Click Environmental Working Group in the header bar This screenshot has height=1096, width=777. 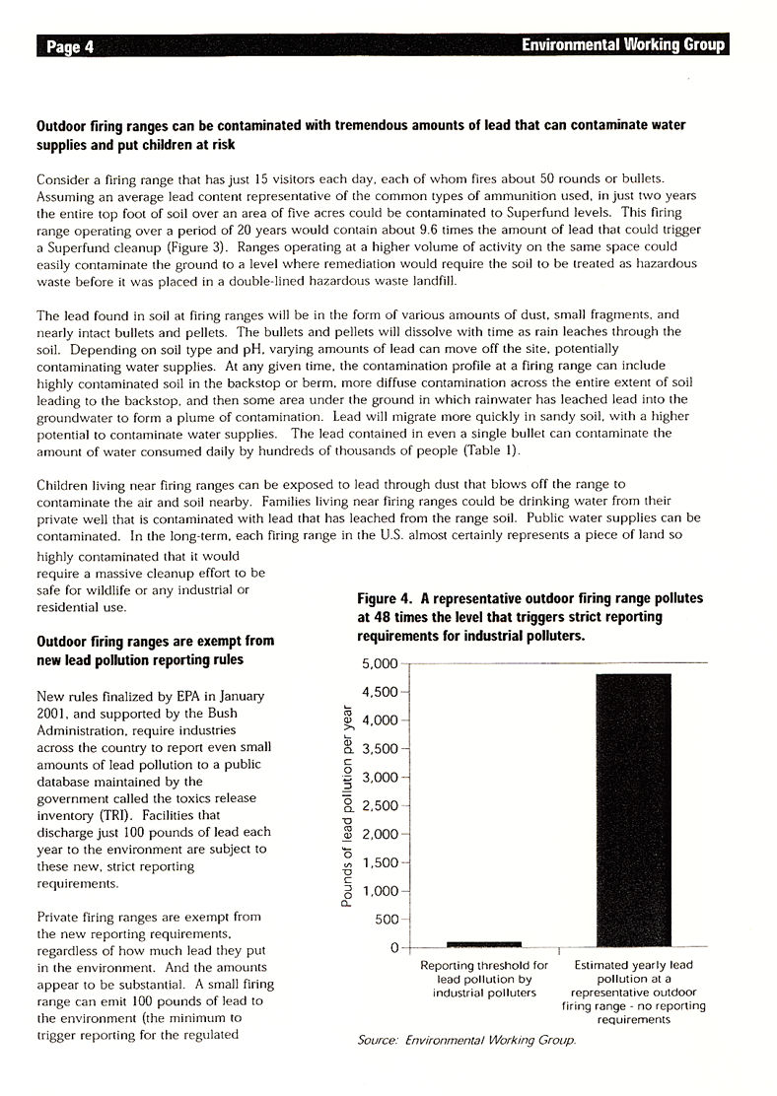622,45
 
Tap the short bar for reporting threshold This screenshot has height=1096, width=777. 483,944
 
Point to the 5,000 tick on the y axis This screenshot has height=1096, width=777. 378,663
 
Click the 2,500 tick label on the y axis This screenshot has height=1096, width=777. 378,806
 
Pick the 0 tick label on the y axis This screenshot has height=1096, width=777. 391,948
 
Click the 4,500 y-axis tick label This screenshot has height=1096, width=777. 378,692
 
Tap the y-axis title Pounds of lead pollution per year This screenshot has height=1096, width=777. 347,806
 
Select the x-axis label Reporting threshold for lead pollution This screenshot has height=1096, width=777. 483,980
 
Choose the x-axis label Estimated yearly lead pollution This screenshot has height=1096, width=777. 634,993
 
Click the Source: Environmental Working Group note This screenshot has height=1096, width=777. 466,1040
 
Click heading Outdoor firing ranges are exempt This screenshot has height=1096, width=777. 155,650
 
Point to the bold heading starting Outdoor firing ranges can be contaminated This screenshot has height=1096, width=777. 360,134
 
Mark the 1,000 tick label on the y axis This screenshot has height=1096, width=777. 378,891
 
